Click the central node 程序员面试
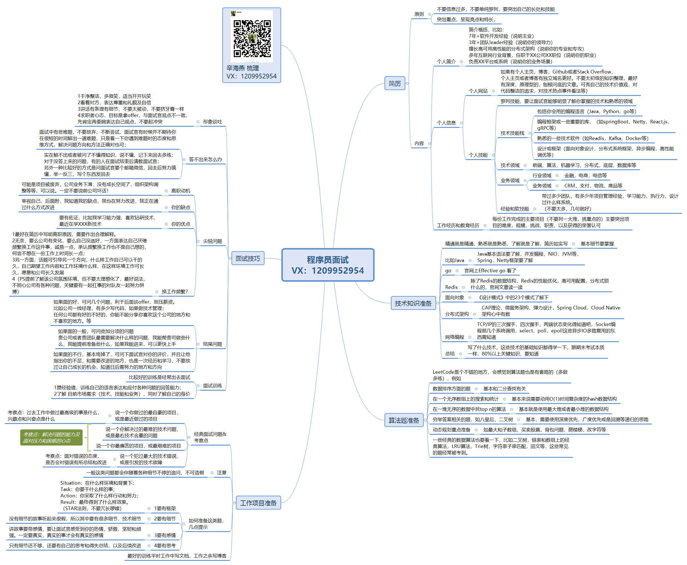click(x=328, y=264)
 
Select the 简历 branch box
click(x=395, y=83)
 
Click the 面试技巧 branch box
click(x=248, y=258)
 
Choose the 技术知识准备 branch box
click(x=413, y=303)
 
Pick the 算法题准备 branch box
click(x=404, y=420)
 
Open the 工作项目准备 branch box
click(x=258, y=503)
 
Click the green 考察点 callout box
click(x=51, y=437)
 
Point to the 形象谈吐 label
click(x=212, y=122)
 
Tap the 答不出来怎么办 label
click(x=205, y=159)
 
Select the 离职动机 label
click(x=180, y=191)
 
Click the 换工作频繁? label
click(x=174, y=292)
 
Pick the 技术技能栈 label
click(x=512, y=133)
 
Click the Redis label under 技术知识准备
click(x=451, y=287)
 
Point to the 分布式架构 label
click(x=457, y=314)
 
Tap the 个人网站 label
click(x=478, y=91)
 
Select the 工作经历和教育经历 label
click(x=458, y=226)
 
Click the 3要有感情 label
click(x=165, y=535)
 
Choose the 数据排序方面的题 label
click(x=451, y=389)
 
